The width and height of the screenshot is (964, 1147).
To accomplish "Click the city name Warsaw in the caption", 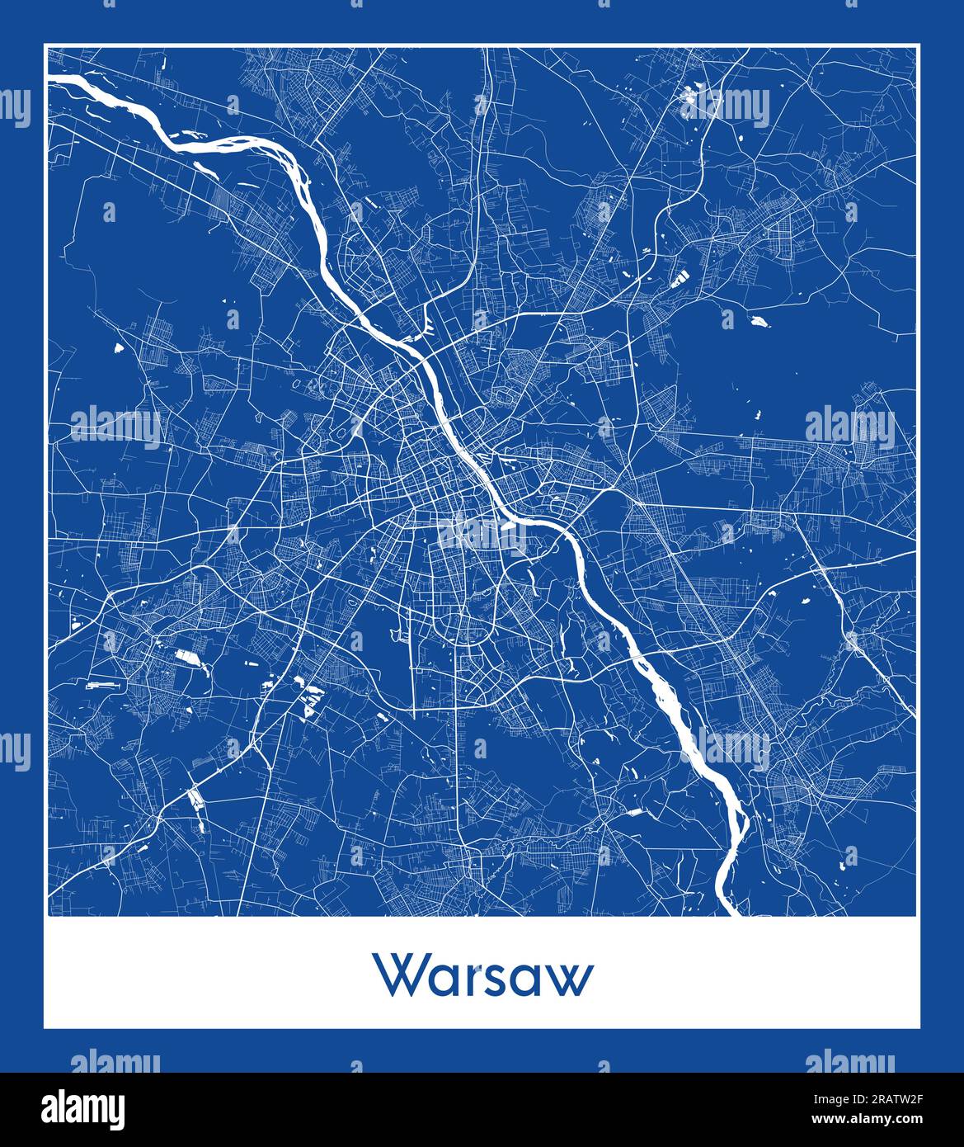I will [484, 976].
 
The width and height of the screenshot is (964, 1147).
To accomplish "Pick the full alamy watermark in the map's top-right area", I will [726, 107].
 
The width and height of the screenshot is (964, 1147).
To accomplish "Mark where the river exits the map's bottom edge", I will [730, 912].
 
